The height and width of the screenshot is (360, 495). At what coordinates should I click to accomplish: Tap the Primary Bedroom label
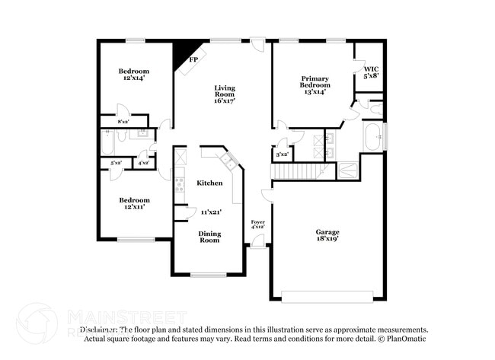click(x=315, y=84)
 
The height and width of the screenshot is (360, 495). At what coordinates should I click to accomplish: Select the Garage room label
click(x=327, y=231)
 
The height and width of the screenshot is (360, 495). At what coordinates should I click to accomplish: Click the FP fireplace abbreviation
click(x=193, y=59)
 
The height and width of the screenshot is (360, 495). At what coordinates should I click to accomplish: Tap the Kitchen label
click(x=209, y=183)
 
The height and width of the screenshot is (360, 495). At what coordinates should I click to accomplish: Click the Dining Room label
click(x=209, y=237)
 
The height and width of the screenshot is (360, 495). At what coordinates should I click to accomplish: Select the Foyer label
click(x=257, y=221)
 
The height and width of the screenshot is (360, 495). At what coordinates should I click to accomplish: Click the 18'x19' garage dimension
click(x=327, y=239)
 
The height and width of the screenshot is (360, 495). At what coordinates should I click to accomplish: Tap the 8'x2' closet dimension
click(x=123, y=122)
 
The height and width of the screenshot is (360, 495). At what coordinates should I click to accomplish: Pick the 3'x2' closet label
click(x=282, y=155)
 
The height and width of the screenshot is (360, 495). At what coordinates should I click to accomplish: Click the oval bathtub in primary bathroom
click(x=373, y=138)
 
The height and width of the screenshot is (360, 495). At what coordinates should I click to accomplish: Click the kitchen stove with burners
click(x=180, y=183)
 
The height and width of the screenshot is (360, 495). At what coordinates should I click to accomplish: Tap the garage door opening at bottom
click(x=327, y=296)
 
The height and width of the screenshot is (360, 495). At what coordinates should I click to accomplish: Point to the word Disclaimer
click(x=100, y=330)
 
